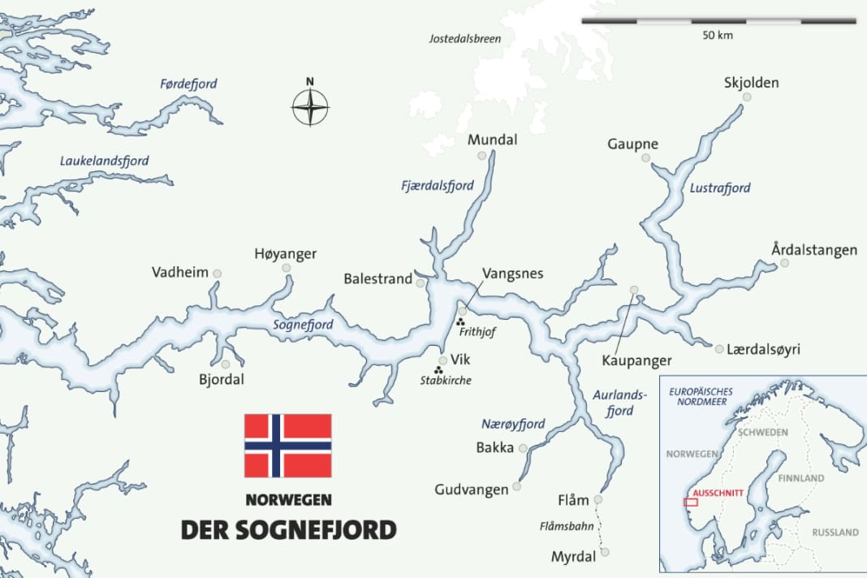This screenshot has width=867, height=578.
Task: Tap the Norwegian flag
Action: tap(288, 446)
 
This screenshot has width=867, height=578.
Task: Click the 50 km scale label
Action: tap(718, 37)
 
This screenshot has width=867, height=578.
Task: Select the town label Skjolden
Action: tap(751, 83)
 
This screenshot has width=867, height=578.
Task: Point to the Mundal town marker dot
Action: tap(482, 155)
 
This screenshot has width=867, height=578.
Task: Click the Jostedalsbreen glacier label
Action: tap(465, 38)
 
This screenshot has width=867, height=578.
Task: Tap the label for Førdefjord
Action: tap(188, 84)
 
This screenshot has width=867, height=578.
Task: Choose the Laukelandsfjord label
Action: tap(105, 162)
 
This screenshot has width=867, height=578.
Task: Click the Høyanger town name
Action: tap(285, 254)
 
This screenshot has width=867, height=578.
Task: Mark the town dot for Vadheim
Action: tap(217, 274)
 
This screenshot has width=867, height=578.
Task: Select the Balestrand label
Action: tap(378, 279)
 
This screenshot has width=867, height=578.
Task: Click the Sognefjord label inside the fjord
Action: tap(303, 325)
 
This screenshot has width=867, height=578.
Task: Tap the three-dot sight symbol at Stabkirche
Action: tap(438, 370)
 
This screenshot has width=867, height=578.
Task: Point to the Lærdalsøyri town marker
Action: tap(719, 349)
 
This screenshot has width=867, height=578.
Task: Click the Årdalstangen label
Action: tap(814, 250)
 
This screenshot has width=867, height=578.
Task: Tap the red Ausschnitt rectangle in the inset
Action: tap(691, 502)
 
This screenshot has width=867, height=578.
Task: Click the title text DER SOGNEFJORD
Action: tap(288, 529)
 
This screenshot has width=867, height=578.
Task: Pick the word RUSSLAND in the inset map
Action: tap(835, 533)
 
